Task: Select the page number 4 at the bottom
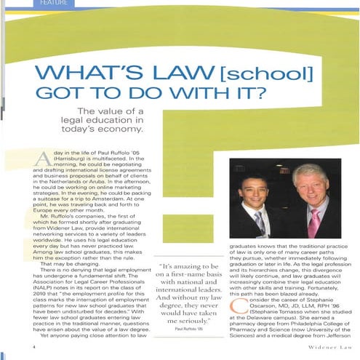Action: (34, 348)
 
